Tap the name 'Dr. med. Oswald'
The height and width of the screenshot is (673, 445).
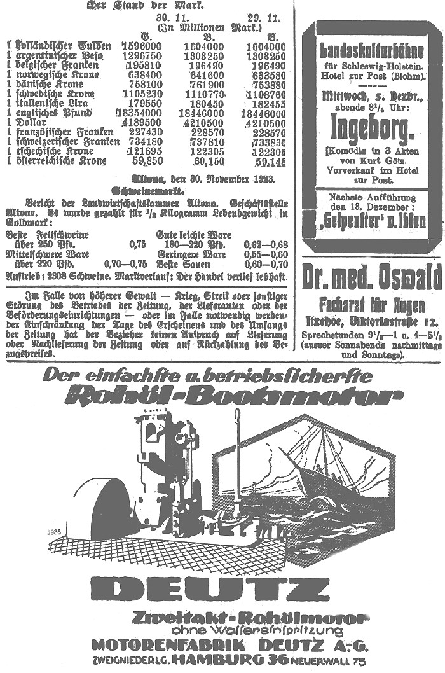coord(371,277)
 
